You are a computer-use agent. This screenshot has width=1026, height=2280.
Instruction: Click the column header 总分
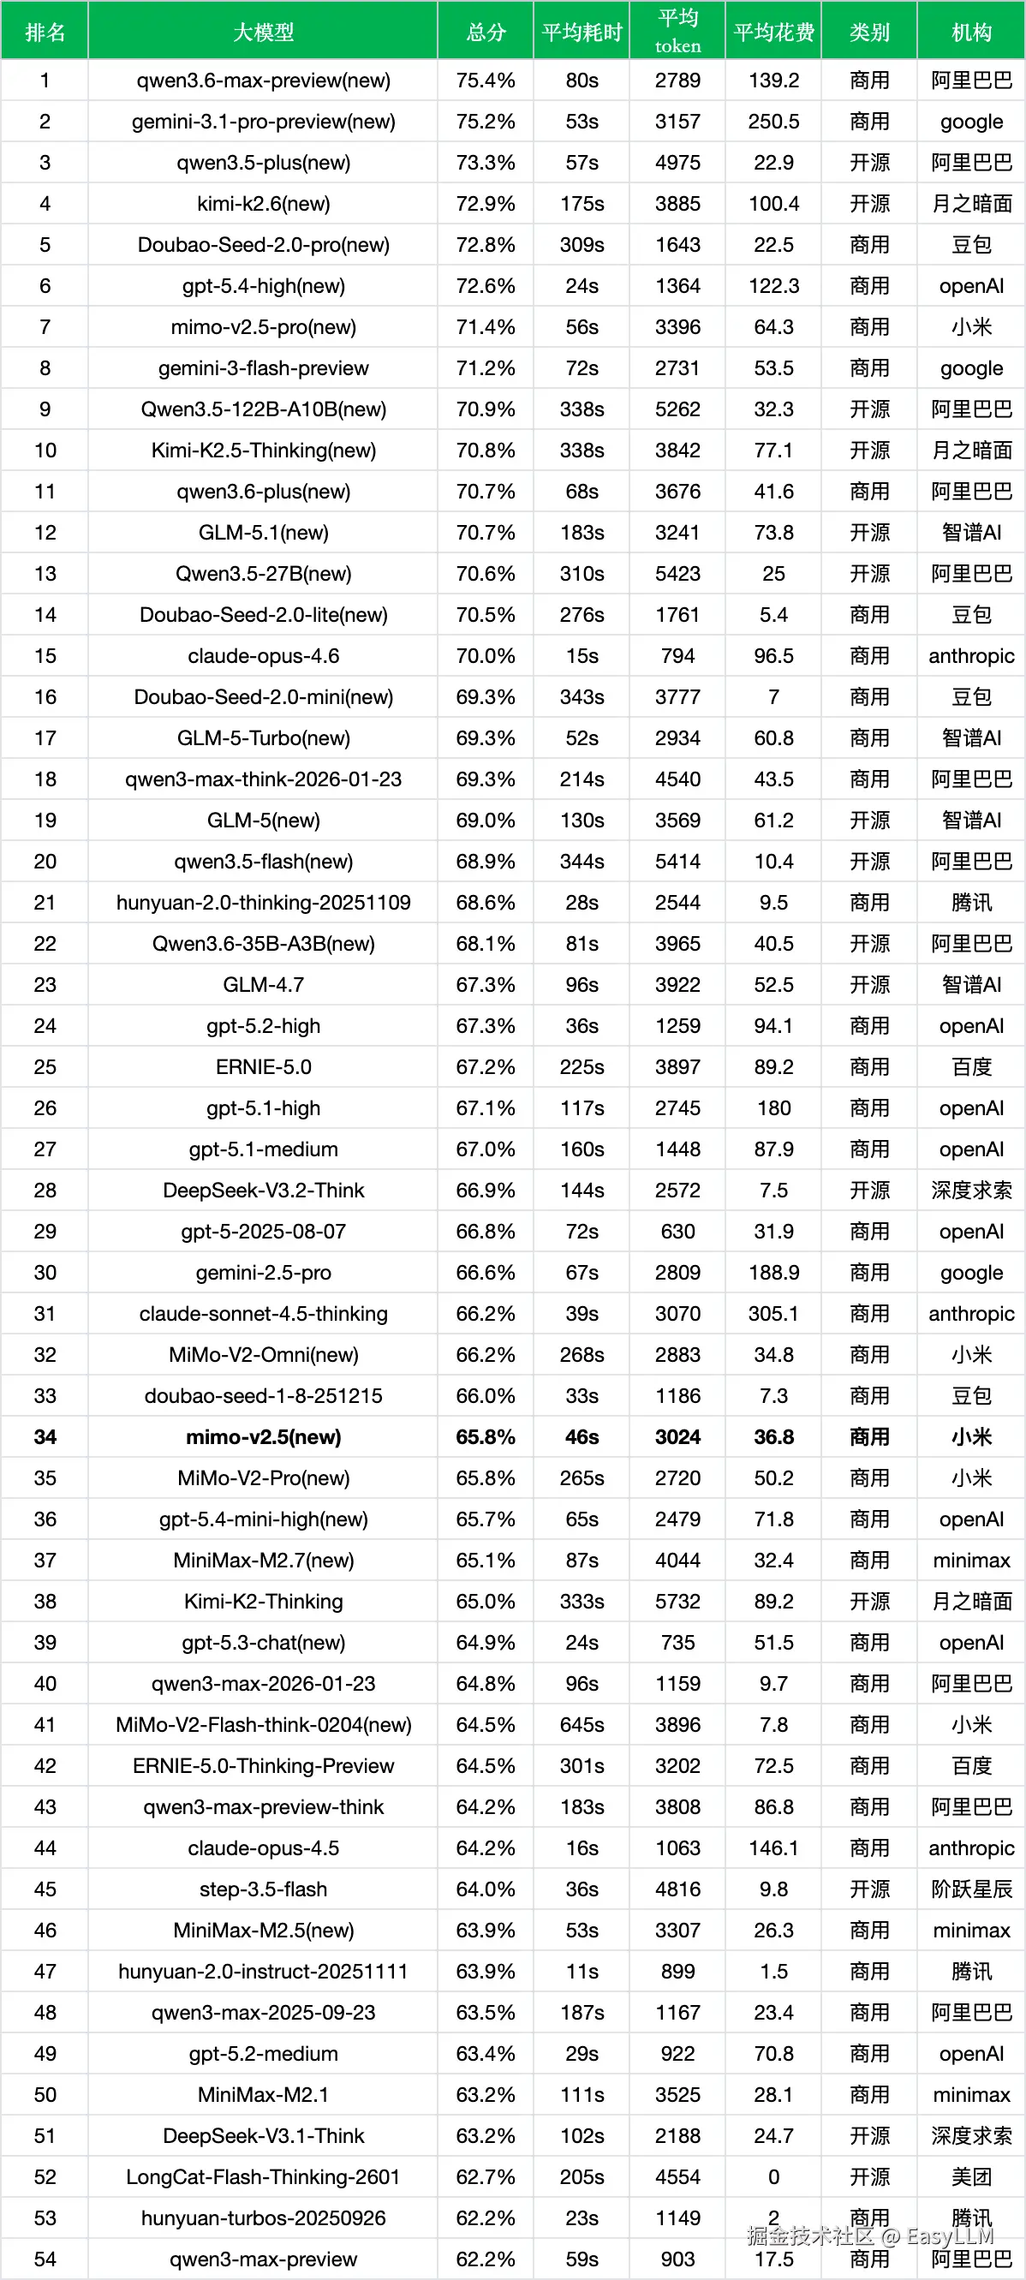[x=485, y=33]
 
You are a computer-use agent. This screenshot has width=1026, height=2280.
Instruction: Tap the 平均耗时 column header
[x=582, y=33]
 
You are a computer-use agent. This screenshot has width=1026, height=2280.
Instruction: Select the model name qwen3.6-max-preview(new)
[x=263, y=81]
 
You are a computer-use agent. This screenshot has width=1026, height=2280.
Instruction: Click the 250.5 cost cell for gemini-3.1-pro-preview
[x=773, y=122]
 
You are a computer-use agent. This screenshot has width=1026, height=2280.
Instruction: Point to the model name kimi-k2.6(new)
[x=263, y=205]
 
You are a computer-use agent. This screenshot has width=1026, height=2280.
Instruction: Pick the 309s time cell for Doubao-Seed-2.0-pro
[x=582, y=245]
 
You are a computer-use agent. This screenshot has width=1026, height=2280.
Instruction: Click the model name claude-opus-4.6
[x=263, y=656]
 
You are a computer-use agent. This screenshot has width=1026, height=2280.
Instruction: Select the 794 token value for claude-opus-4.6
[x=677, y=656]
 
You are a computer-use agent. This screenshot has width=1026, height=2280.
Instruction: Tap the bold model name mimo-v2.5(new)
[x=263, y=1436]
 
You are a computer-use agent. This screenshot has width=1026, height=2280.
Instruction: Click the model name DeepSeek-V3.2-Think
[x=263, y=1191]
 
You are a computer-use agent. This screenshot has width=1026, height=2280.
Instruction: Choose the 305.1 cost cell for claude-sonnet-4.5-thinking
[x=773, y=1314]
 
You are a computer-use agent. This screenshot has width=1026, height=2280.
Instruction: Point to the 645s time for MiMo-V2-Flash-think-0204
[x=582, y=1724]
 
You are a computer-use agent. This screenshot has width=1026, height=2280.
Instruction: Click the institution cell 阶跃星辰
[x=971, y=1889]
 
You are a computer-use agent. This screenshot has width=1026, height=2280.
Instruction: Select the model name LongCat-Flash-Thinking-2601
[x=263, y=2176]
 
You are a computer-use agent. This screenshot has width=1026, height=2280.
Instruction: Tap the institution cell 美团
[x=971, y=2176]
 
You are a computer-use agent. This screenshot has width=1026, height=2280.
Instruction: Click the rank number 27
[x=45, y=1149]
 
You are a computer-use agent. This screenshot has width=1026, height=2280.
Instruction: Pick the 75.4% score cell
[x=485, y=81]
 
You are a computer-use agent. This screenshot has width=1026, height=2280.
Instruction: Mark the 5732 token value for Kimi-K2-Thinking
[x=677, y=1601]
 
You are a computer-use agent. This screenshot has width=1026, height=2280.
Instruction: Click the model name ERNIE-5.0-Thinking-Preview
[x=263, y=1766]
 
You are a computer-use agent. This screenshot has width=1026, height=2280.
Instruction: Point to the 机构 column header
[x=971, y=33]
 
